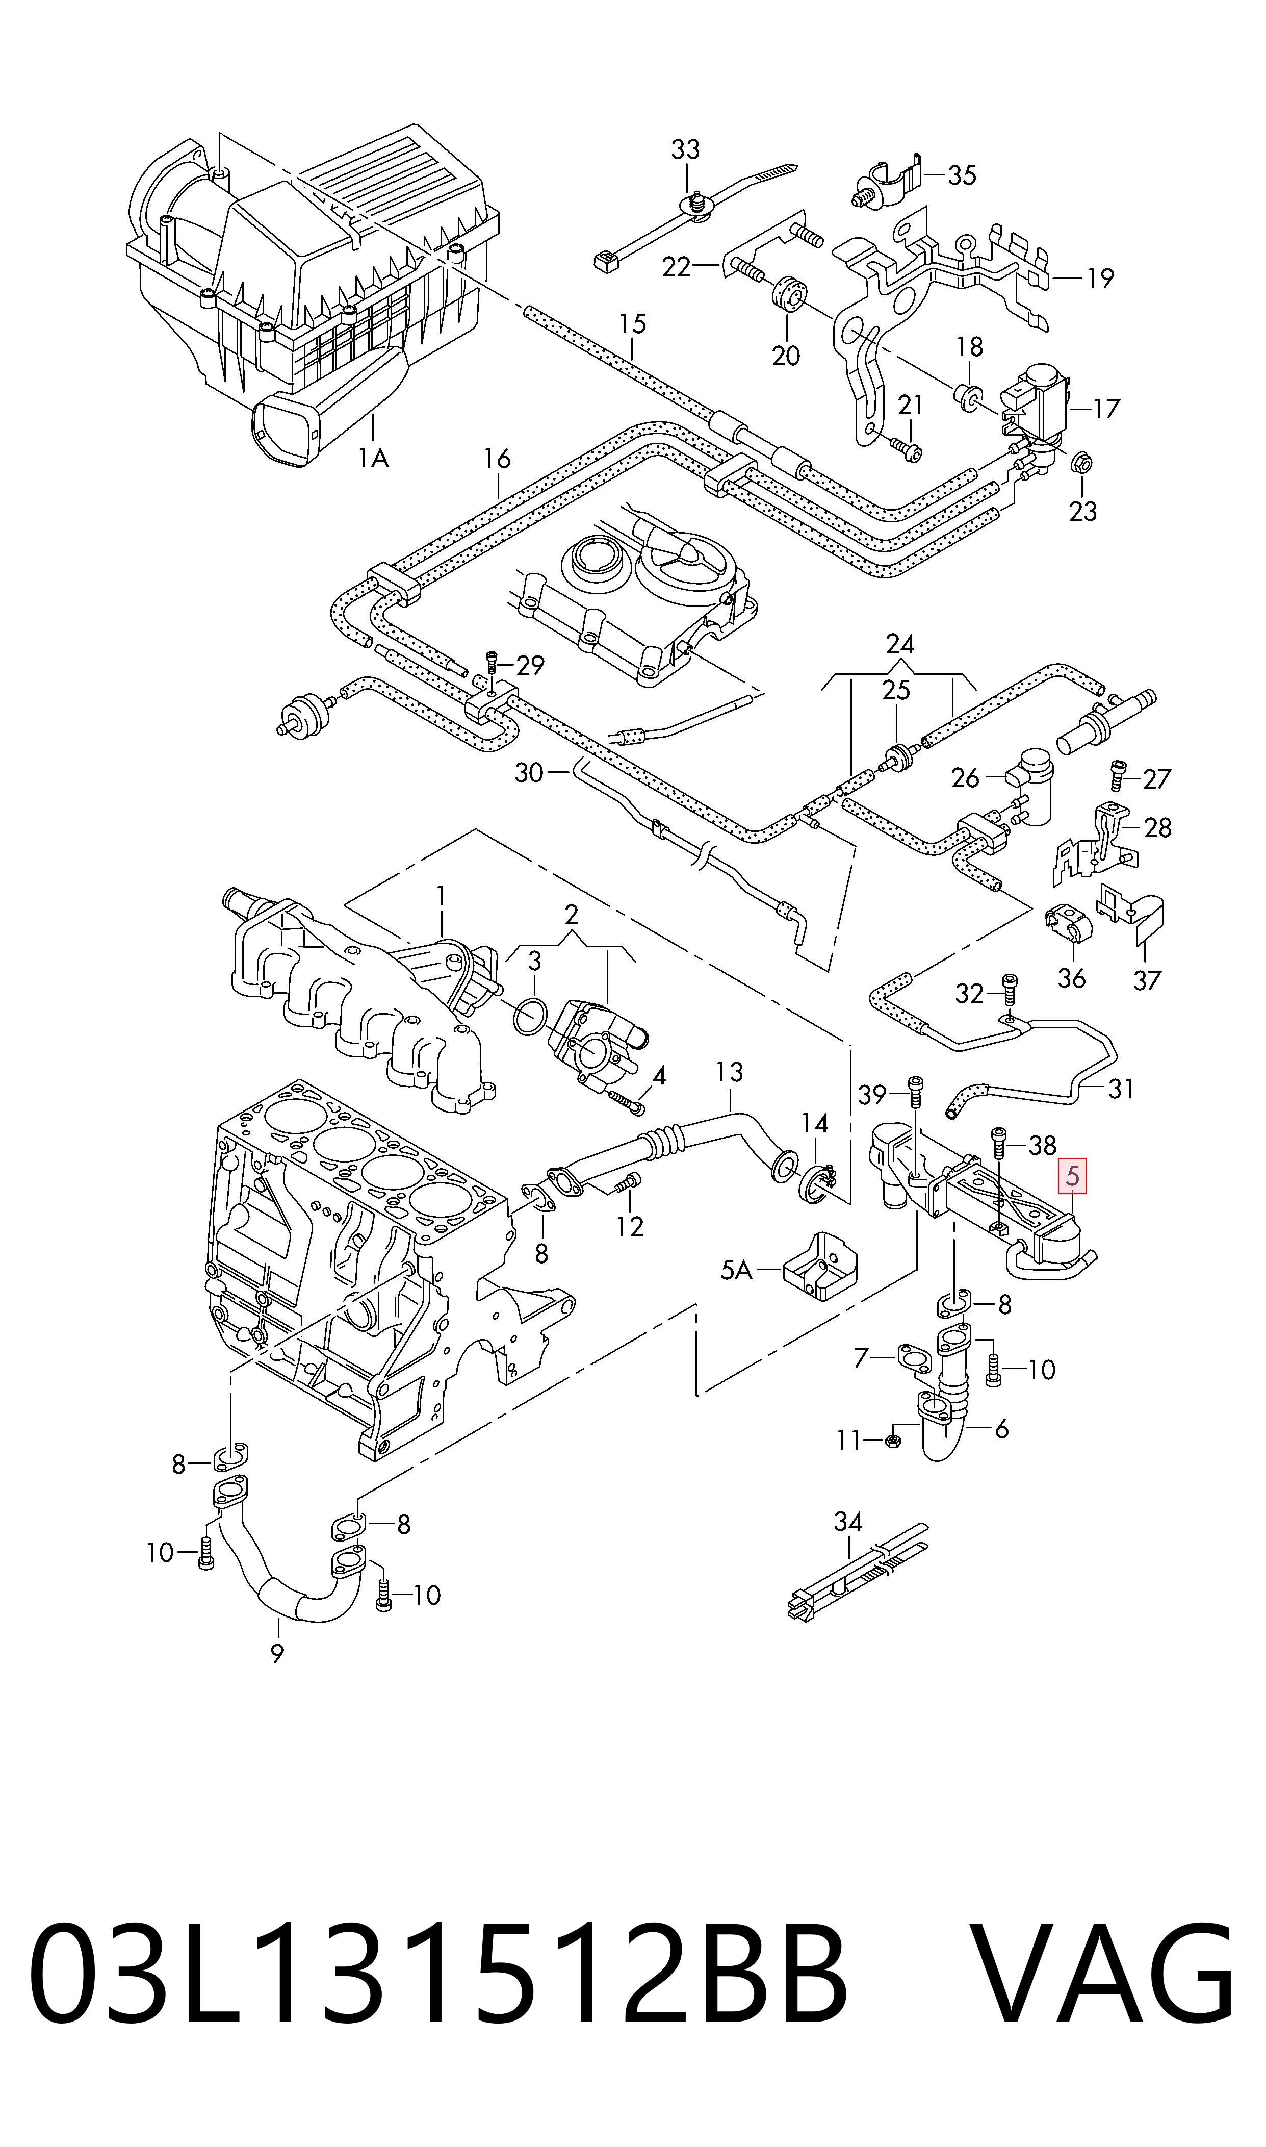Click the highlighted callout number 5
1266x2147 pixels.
pos(1072,1176)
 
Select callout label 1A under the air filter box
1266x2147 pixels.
pos(374,459)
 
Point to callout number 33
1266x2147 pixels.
pos(685,149)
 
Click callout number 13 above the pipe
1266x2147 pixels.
pos(730,1072)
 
